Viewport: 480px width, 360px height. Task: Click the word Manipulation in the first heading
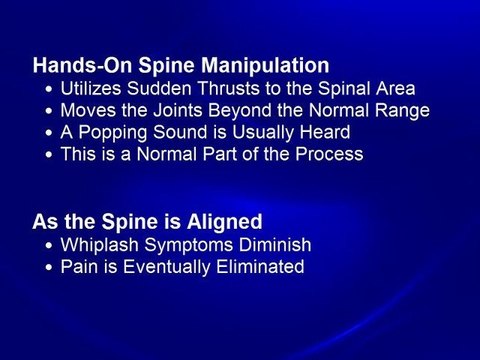point(269,66)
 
